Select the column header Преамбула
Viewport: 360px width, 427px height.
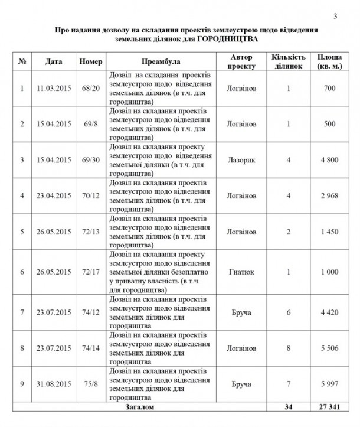click(161, 61)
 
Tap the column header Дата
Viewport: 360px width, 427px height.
click(55, 61)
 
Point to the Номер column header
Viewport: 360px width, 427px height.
click(91, 61)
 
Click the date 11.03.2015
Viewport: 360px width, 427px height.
click(54, 89)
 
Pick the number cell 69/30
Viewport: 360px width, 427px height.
click(91, 159)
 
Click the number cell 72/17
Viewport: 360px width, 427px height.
click(91, 272)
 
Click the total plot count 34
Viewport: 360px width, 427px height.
click(289, 408)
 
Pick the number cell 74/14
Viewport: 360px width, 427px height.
click(91, 349)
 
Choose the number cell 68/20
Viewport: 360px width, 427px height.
click(91, 89)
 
